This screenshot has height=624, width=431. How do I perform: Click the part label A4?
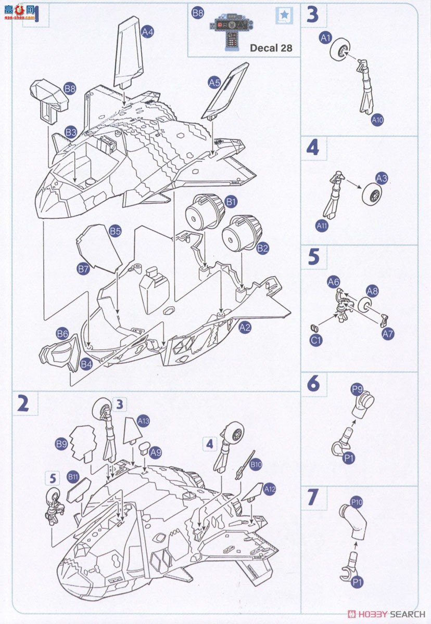pos(148,32)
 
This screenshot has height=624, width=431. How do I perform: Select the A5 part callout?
pos(214,82)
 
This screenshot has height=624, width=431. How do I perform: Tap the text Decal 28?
pos(271,48)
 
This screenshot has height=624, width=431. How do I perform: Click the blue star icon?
pos(284,16)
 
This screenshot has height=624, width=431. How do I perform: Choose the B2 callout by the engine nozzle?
pos(263,249)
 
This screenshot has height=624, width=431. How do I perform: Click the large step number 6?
pos(313,384)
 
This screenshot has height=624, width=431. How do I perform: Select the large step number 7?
pos(312,497)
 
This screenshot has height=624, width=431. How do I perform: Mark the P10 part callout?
pos(357,502)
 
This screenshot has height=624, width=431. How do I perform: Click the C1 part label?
pos(316,341)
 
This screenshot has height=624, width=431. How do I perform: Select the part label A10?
pos(377,120)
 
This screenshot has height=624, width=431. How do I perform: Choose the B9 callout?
pos(61,444)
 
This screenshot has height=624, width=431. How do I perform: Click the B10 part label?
pos(256,465)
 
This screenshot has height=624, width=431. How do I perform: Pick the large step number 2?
pos(23,404)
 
